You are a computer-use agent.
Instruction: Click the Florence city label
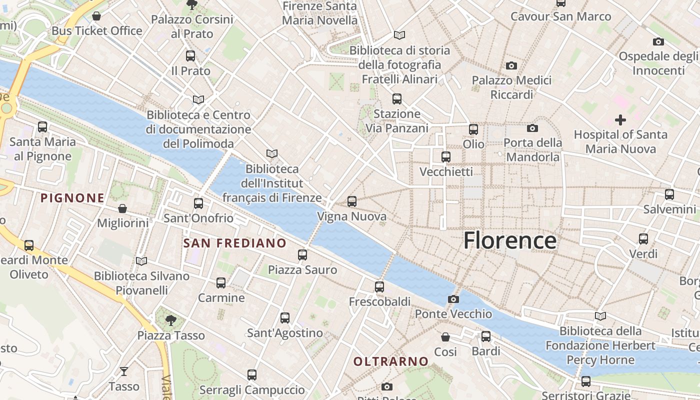509,240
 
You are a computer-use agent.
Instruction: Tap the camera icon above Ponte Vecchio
453,299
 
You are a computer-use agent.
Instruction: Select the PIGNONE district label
72,198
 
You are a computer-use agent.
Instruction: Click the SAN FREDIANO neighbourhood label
235,243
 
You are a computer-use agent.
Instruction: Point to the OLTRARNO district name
391,361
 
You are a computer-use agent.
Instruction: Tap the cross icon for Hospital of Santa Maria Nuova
620,120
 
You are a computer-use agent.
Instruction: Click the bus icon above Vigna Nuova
352,201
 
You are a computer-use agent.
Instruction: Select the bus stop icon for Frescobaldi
379,287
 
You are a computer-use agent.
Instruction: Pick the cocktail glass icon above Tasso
124,371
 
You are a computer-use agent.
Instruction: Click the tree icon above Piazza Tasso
171,320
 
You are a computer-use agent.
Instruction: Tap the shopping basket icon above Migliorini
122,208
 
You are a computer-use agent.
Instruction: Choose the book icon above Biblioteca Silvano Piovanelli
141,261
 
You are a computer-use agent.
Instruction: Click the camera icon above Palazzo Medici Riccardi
511,65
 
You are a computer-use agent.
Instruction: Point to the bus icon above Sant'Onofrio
198,203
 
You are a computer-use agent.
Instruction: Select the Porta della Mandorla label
532,149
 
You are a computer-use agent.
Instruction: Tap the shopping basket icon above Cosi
445,337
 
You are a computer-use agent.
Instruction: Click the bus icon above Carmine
221,283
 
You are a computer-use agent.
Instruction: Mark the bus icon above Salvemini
669,194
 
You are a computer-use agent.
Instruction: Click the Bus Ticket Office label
97,31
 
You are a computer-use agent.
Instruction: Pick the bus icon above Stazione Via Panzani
397,99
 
